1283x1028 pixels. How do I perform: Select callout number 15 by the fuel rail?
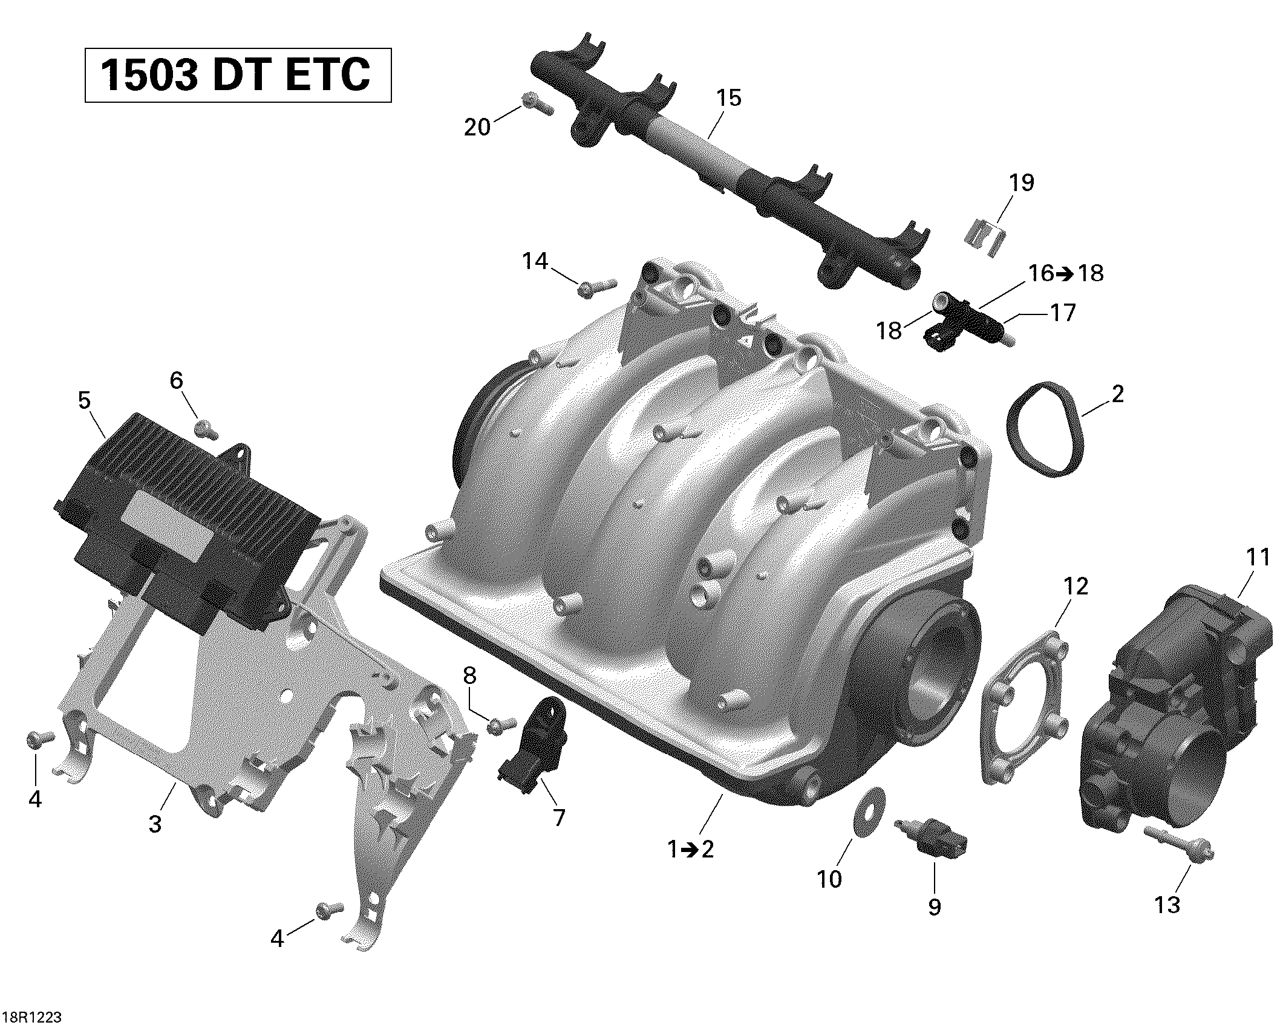(x=728, y=98)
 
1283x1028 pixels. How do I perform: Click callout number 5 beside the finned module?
(x=84, y=400)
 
